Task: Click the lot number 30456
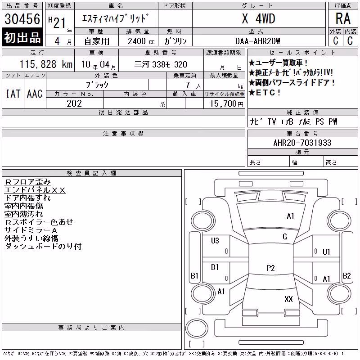22,19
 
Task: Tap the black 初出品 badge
22,37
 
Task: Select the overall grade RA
343,18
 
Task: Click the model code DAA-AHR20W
257,41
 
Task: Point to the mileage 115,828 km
46,64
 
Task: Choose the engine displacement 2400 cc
141,41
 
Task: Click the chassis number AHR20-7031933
302,143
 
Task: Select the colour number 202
74,103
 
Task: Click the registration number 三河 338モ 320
161,64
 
